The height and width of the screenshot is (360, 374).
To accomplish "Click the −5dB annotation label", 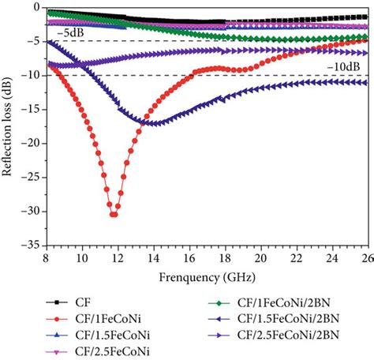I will (x=69, y=32).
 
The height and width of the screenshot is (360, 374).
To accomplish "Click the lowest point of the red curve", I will (x=115, y=214).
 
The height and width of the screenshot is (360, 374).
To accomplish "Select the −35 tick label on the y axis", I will (x=35, y=246).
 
